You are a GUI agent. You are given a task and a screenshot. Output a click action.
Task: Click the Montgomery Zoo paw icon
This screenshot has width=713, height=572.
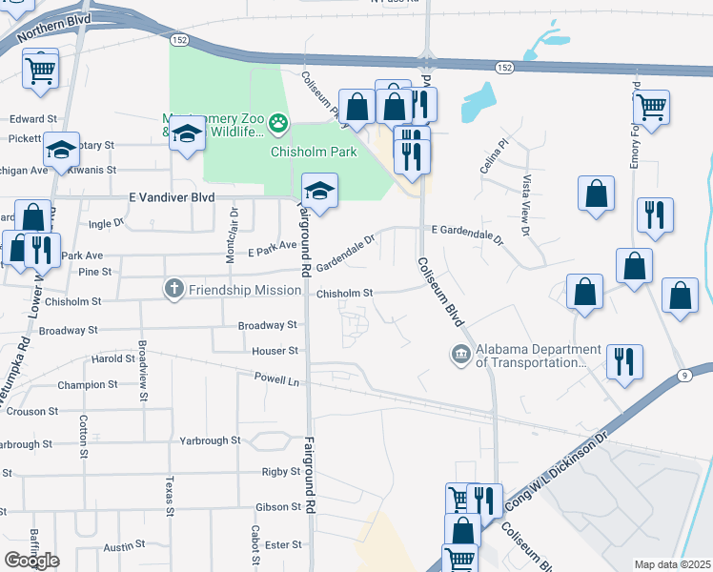click(278, 121)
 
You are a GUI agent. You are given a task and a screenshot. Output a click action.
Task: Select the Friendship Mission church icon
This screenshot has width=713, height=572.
click(173, 287)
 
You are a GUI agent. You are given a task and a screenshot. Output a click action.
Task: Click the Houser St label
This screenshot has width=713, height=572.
click(275, 351)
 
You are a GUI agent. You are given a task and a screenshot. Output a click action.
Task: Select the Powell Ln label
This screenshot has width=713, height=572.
click(276, 380)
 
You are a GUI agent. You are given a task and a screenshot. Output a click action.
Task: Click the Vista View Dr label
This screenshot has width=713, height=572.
click(524, 205)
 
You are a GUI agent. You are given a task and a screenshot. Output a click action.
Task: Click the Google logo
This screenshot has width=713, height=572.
click(31, 560)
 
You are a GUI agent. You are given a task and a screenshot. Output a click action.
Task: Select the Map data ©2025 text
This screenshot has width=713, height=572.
click(671, 564)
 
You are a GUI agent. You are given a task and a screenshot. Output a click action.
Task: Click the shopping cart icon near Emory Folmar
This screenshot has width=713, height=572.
click(651, 108)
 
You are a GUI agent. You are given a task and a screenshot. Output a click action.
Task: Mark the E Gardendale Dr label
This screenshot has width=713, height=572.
click(466, 231)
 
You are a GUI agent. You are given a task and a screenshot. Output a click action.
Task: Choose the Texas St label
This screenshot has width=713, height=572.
click(170, 496)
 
